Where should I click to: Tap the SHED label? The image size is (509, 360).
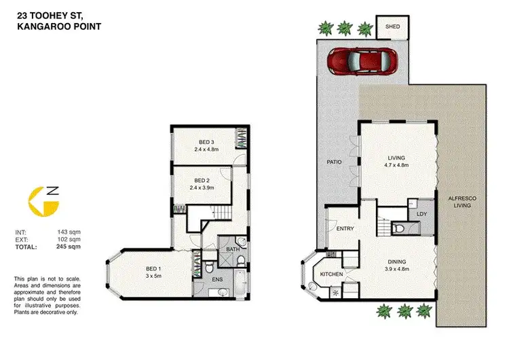pos(393,27)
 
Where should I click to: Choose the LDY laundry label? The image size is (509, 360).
pos(421,214)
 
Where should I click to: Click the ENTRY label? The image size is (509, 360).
pos(345,229)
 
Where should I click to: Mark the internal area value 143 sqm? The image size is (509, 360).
pos(70,233)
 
